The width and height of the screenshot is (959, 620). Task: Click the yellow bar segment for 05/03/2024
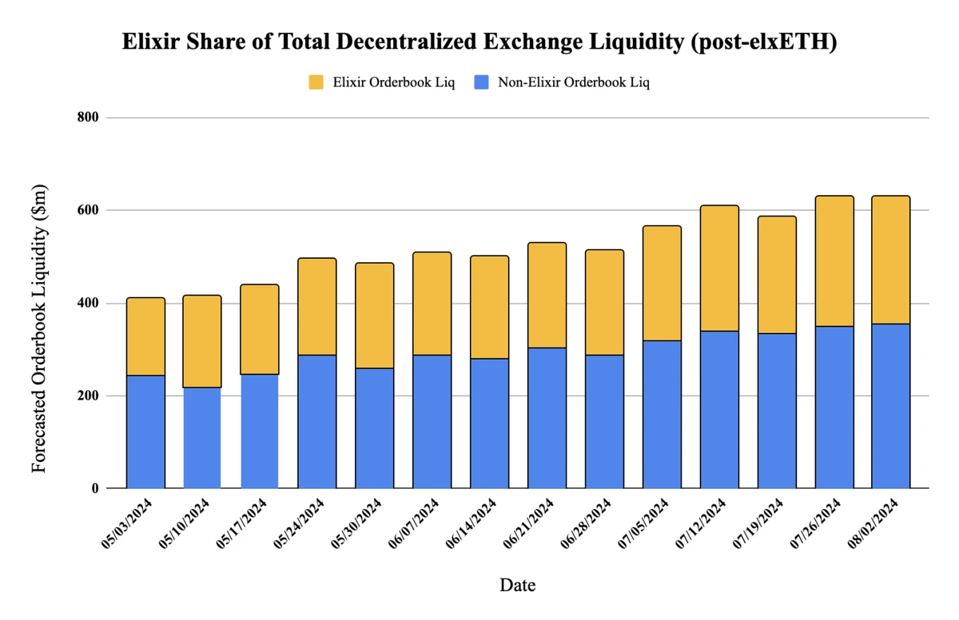[145, 336]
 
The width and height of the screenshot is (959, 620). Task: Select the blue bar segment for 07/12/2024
[719, 409]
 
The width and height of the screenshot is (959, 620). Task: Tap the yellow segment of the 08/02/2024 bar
[891, 260]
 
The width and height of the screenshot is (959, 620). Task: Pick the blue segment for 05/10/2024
[202, 438]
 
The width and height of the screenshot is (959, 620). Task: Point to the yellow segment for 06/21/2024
[547, 295]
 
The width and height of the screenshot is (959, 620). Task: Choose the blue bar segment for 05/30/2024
[375, 427]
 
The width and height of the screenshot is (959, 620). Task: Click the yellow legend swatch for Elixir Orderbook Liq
[316, 82]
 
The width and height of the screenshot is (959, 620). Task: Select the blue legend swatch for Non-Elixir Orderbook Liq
[481, 82]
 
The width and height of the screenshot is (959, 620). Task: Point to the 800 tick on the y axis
[88, 117]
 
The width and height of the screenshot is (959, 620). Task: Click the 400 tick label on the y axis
[88, 304]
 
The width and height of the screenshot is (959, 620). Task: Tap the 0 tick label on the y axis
[94, 488]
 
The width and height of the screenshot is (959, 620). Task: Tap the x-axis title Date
[517, 585]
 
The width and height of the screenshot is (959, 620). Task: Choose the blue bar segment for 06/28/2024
[604, 421]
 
